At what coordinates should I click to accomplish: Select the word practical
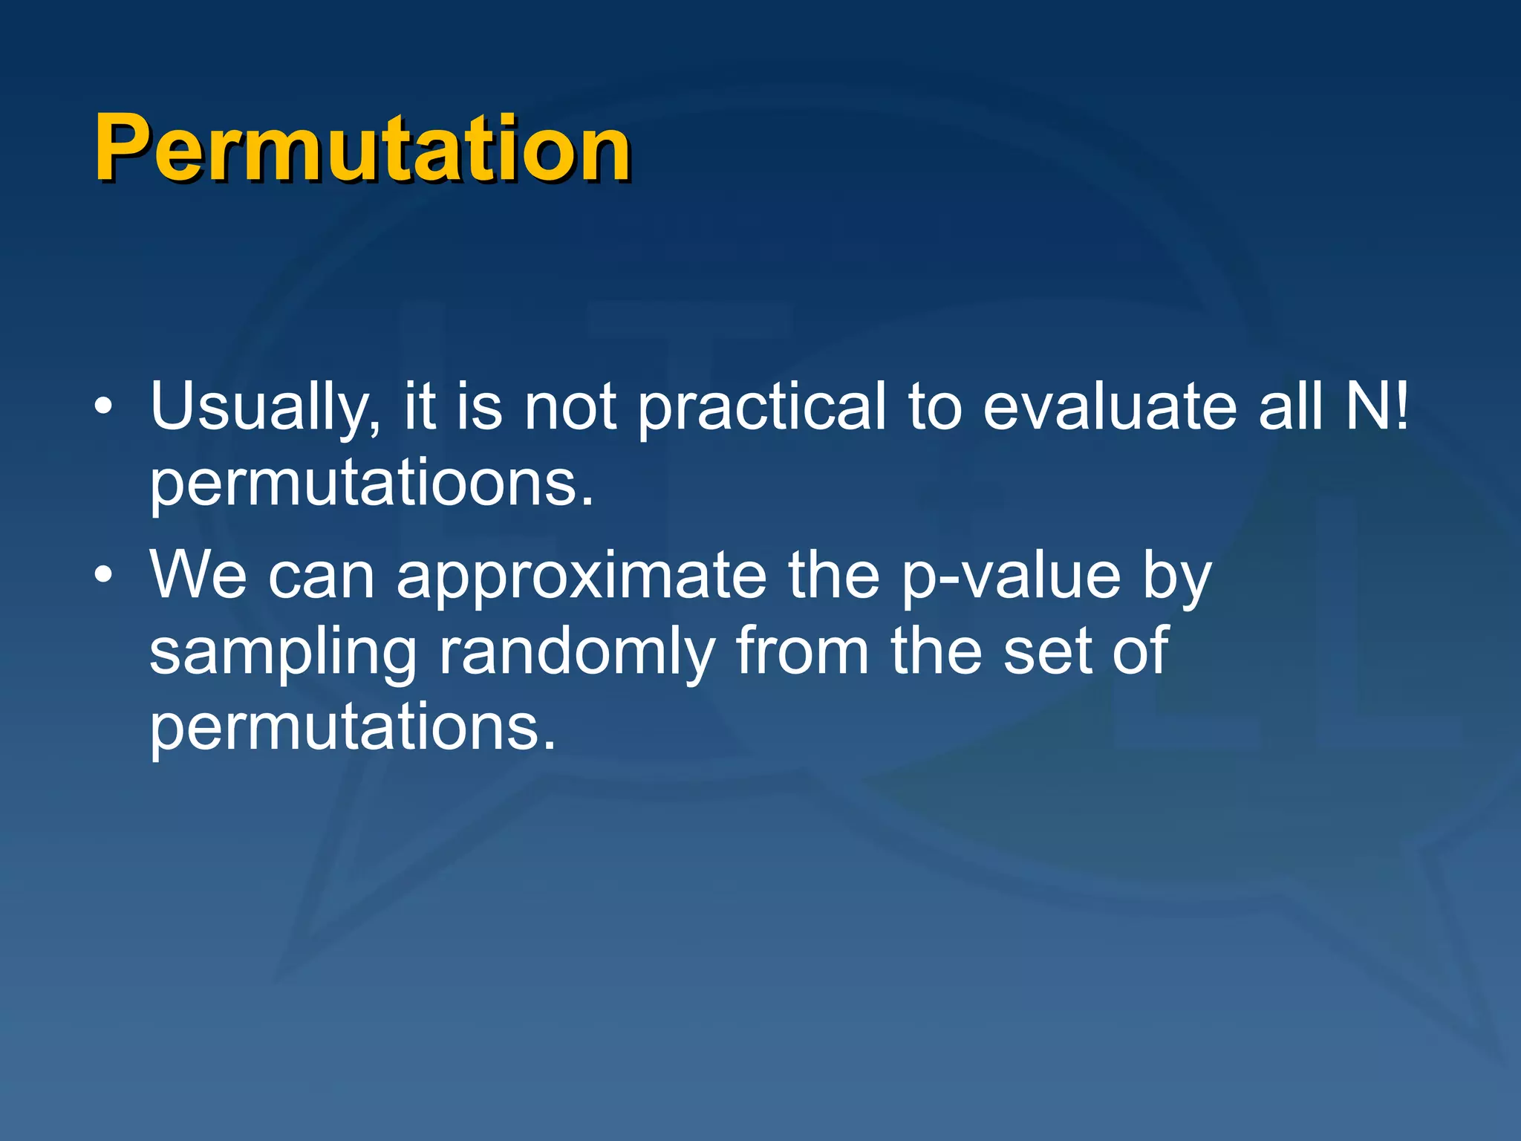click(x=762, y=407)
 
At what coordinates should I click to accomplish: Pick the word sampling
click(x=283, y=651)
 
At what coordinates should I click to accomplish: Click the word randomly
click(x=576, y=651)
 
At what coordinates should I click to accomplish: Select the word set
click(x=1047, y=651)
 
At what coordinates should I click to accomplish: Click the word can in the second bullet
click(x=321, y=577)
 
